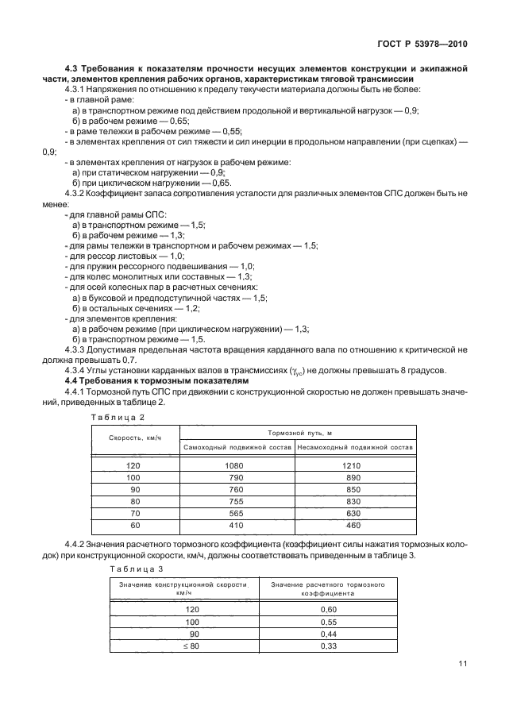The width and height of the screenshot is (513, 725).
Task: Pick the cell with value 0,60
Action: tap(328, 609)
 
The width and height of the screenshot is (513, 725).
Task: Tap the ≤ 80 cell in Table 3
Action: tap(191, 646)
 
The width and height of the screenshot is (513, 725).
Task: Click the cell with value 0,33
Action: tap(328, 646)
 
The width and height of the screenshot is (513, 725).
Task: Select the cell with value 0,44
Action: tap(328, 634)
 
